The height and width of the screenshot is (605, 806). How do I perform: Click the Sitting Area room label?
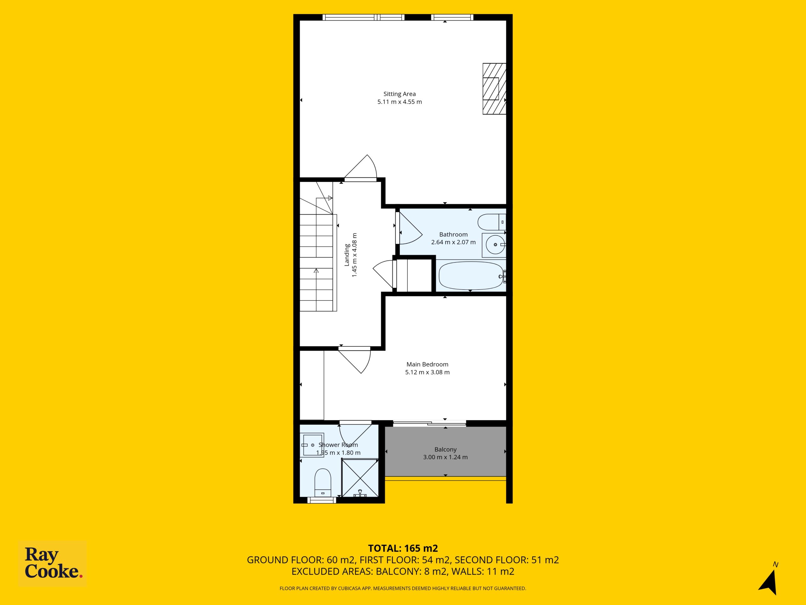(x=399, y=94)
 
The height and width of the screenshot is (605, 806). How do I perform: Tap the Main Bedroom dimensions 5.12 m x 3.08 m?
(x=428, y=372)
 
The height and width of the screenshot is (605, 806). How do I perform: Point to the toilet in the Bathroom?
(x=491, y=222)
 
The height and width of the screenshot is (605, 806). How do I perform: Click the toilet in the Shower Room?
(x=322, y=482)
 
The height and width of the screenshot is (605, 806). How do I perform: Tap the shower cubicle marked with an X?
(x=360, y=478)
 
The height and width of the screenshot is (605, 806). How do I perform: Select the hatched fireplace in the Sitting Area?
(x=494, y=89)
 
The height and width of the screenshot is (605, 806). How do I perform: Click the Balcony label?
(x=445, y=450)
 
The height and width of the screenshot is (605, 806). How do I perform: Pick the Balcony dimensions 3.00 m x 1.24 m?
(x=445, y=457)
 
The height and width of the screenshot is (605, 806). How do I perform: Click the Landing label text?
(x=347, y=255)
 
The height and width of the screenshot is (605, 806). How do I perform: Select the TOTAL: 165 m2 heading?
(x=403, y=548)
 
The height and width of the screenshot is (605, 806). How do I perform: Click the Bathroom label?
(x=453, y=234)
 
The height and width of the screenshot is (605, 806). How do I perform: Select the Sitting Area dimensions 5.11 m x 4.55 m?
(x=399, y=102)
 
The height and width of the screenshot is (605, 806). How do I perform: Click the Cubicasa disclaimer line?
(x=403, y=588)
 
